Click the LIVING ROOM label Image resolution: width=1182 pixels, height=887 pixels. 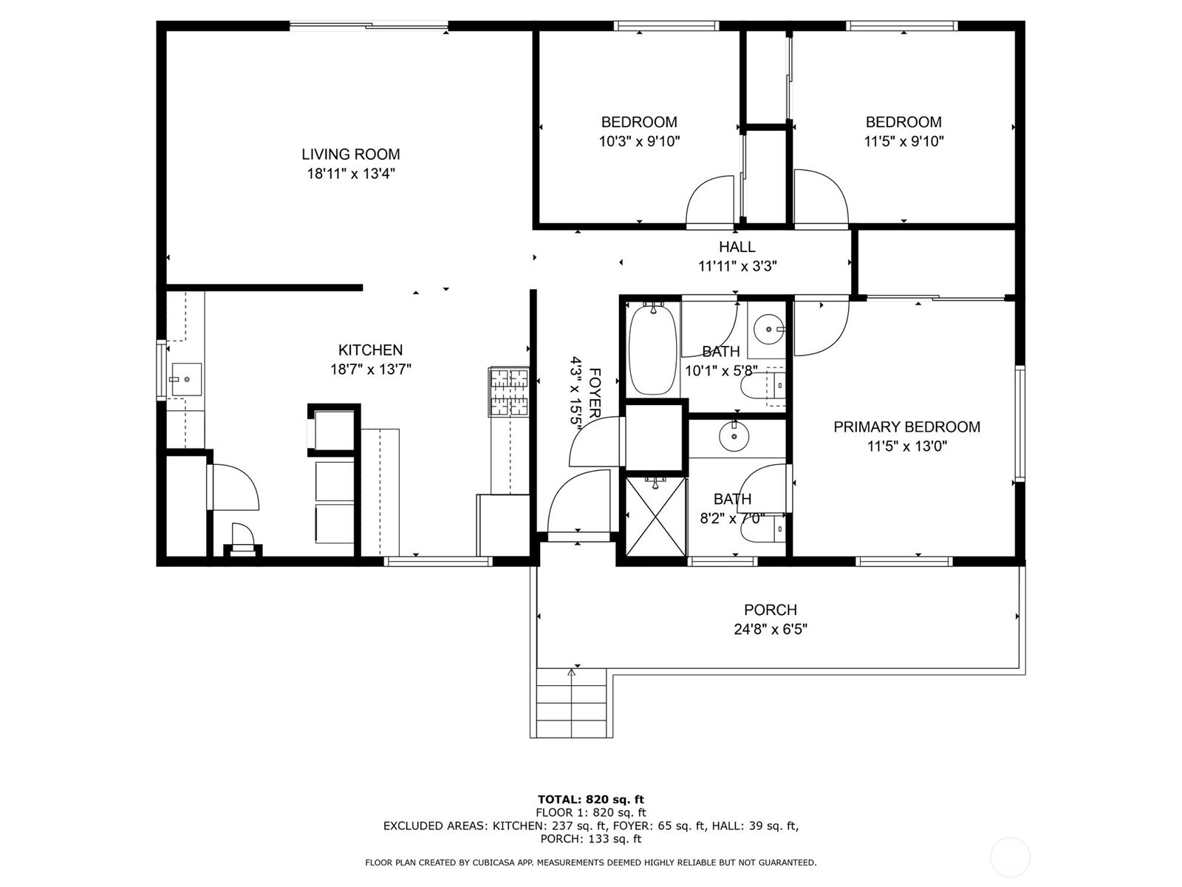tap(351, 154)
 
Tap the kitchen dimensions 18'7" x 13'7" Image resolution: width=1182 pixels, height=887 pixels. tap(371, 370)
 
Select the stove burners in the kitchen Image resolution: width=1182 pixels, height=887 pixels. tap(508, 392)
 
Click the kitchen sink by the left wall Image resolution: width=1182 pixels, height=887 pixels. tap(186, 379)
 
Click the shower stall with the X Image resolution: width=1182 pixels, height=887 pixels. tap(656, 517)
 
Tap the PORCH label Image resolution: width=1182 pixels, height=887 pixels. tap(770, 610)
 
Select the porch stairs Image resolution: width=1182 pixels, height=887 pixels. tap(571, 703)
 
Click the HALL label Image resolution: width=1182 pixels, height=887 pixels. tap(737, 247)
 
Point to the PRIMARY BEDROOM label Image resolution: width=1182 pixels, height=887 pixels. tap(907, 427)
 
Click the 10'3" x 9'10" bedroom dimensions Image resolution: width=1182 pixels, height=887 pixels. tap(639, 142)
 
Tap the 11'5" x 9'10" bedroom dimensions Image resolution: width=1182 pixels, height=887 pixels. tap(903, 142)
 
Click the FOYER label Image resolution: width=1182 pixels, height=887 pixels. tap(595, 393)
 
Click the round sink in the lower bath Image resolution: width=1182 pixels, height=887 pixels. tap(734, 437)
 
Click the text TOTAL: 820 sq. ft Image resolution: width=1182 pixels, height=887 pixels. tap(591, 800)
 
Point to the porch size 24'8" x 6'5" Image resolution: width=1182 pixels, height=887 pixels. tap(770, 629)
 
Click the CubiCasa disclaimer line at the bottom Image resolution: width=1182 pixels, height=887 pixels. tap(591, 863)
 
